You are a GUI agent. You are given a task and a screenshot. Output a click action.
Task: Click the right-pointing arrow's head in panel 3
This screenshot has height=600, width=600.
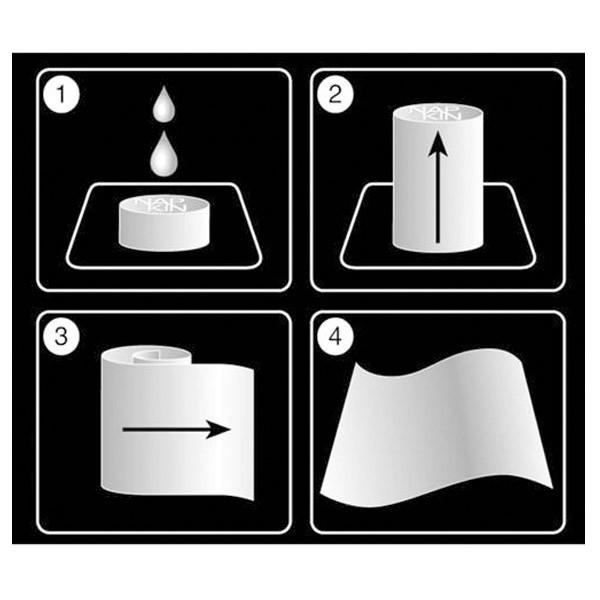(221, 429)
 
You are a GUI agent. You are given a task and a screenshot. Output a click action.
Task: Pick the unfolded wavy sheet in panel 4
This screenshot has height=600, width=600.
(440, 430)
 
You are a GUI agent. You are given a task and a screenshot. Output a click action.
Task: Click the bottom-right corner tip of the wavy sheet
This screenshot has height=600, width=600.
(549, 488)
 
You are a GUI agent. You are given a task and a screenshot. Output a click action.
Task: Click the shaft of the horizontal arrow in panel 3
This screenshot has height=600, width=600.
(165, 429)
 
